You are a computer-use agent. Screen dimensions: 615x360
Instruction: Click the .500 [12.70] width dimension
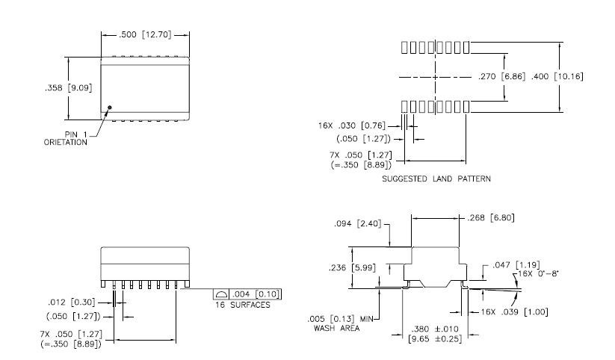(145, 34)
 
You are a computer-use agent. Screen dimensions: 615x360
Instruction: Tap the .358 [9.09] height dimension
(69, 88)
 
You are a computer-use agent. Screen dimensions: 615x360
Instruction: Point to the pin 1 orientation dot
(110, 108)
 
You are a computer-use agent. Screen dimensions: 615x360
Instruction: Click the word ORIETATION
(66, 143)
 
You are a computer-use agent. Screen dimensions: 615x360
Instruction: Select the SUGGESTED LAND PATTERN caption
(436, 179)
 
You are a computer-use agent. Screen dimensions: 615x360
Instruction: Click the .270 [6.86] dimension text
(501, 76)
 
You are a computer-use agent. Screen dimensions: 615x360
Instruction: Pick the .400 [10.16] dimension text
(557, 76)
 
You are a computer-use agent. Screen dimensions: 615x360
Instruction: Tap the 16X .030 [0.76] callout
(352, 125)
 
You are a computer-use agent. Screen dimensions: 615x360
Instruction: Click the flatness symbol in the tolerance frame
(222, 294)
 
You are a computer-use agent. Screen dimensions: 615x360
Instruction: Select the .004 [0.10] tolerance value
(256, 294)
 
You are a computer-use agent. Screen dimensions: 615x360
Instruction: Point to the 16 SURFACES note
(243, 305)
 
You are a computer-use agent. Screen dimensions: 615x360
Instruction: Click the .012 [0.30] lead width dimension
(72, 302)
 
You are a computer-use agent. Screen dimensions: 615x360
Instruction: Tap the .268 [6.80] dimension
(491, 217)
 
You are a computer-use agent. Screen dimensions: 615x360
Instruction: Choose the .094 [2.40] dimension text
(358, 223)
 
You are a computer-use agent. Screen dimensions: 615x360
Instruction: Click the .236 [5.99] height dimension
(352, 268)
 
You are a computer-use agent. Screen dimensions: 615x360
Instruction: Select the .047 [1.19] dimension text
(516, 264)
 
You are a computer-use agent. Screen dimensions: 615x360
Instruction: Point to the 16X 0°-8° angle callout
(538, 273)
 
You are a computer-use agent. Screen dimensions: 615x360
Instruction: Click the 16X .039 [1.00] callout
(515, 311)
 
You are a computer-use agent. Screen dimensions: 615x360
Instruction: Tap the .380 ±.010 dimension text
(435, 329)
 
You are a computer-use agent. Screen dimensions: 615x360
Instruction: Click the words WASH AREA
(336, 328)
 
